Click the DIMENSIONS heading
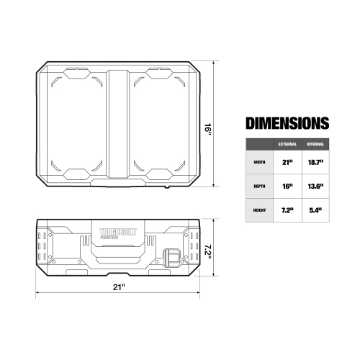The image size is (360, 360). (287, 122)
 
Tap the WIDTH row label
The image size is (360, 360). (259, 162)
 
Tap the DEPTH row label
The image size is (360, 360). (259, 186)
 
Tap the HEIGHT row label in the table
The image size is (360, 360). (259, 210)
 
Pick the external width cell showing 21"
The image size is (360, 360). (287, 162)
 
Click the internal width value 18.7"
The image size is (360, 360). (315, 162)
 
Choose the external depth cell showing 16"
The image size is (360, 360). (287, 186)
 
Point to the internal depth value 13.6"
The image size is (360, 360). (315, 186)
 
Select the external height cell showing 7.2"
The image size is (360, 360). (287, 210)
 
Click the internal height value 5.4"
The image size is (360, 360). (315, 210)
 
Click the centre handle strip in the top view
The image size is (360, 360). (119, 124)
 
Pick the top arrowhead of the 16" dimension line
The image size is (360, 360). (215, 63)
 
